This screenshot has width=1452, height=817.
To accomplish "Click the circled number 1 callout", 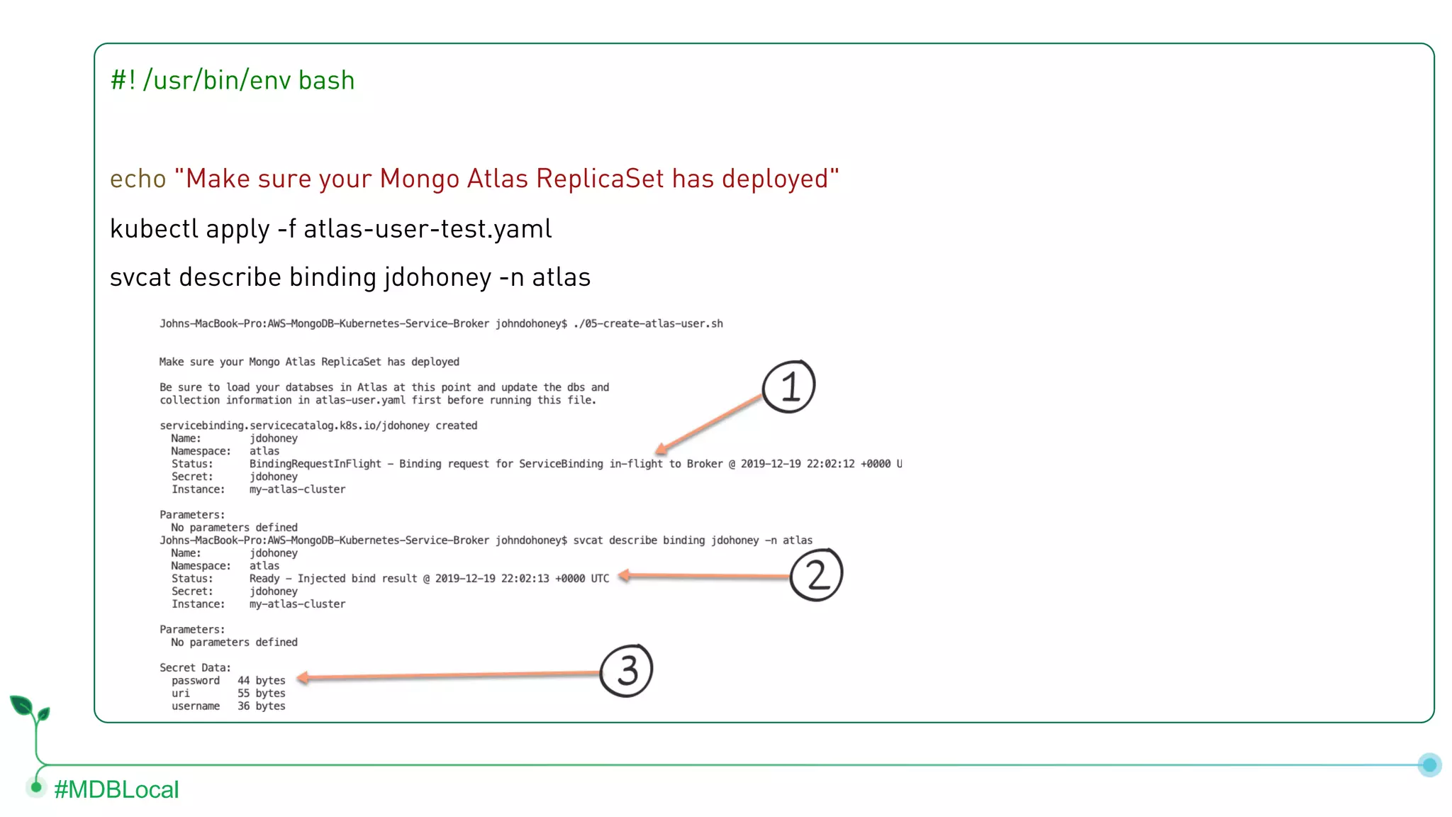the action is (788, 387).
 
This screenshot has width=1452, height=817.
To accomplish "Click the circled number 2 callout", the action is (816, 574).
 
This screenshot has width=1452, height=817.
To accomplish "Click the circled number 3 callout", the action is (626, 671).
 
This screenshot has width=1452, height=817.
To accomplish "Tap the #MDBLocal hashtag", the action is (116, 789).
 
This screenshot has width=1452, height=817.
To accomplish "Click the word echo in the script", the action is (138, 179).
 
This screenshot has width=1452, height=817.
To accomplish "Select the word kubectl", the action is (154, 229).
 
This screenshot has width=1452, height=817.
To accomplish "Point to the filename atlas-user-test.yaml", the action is (428, 229).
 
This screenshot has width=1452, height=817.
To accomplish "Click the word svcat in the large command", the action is (140, 277).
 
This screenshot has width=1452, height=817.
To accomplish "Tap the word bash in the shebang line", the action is (326, 81).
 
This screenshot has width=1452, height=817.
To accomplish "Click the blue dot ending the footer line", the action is (1429, 765).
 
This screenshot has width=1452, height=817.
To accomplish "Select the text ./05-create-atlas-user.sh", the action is (648, 324).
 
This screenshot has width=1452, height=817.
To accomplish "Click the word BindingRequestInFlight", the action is (315, 465).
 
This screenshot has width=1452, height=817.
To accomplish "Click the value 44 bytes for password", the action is (261, 681).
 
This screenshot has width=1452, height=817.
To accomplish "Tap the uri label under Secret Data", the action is (181, 694).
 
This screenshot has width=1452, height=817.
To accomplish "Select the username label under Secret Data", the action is (196, 706).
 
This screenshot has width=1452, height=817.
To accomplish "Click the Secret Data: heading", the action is (195, 668).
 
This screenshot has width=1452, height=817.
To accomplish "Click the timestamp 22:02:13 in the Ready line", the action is (525, 579).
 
